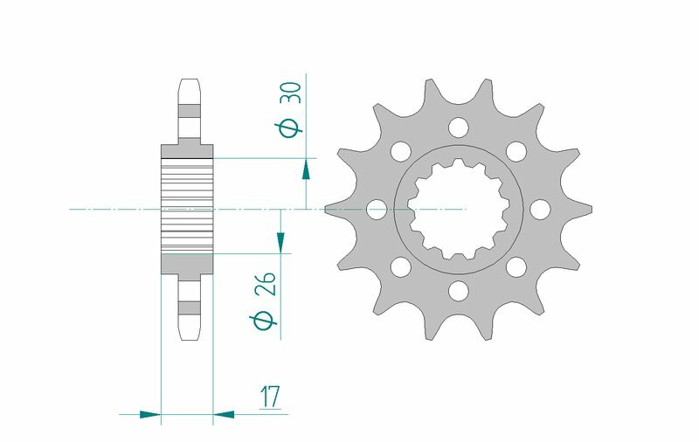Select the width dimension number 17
tap(269, 397)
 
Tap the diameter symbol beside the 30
tap(291, 127)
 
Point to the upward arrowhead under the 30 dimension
tap(306, 168)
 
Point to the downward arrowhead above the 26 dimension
tap(280, 241)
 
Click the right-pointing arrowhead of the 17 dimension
tap(151, 413)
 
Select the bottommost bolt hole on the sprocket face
tap(458, 290)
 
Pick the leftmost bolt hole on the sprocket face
tap(377, 210)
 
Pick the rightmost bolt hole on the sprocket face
tap(540, 210)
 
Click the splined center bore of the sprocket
tap(458, 210)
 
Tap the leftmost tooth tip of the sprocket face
tap(328, 210)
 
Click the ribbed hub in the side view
tap(187, 210)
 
